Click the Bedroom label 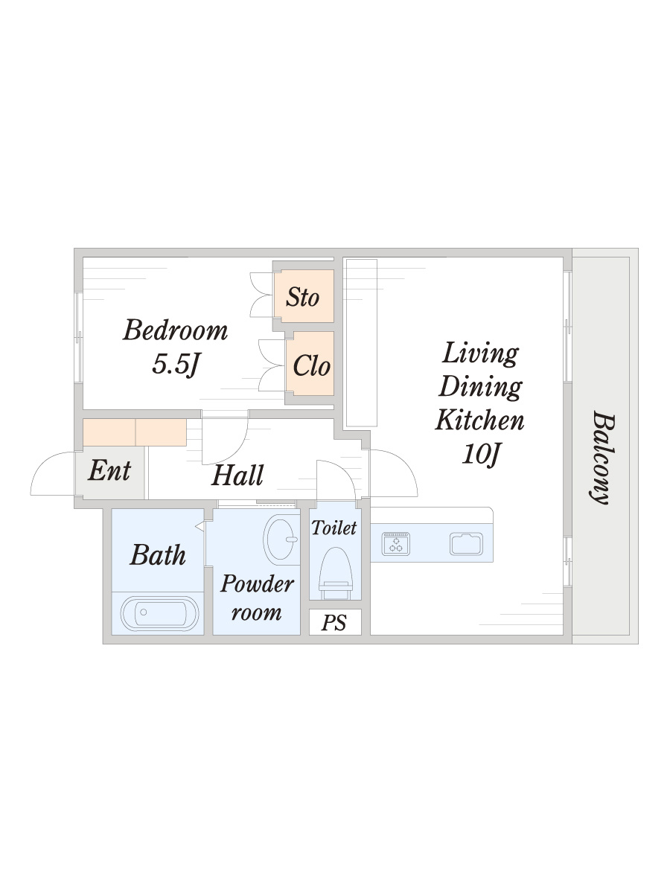coord(176,330)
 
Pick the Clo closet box coord(310,363)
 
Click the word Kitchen coord(479,420)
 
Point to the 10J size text coord(480,454)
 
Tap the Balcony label coord(602,457)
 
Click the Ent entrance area coord(110,473)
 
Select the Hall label coord(237,476)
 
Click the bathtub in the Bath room coord(160,613)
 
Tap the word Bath coord(158,555)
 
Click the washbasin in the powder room coord(281,540)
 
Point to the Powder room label coord(257,598)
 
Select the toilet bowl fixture coord(336,574)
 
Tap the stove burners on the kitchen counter coord(396,543)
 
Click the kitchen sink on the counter coord(466,543)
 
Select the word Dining coord(480,386)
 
